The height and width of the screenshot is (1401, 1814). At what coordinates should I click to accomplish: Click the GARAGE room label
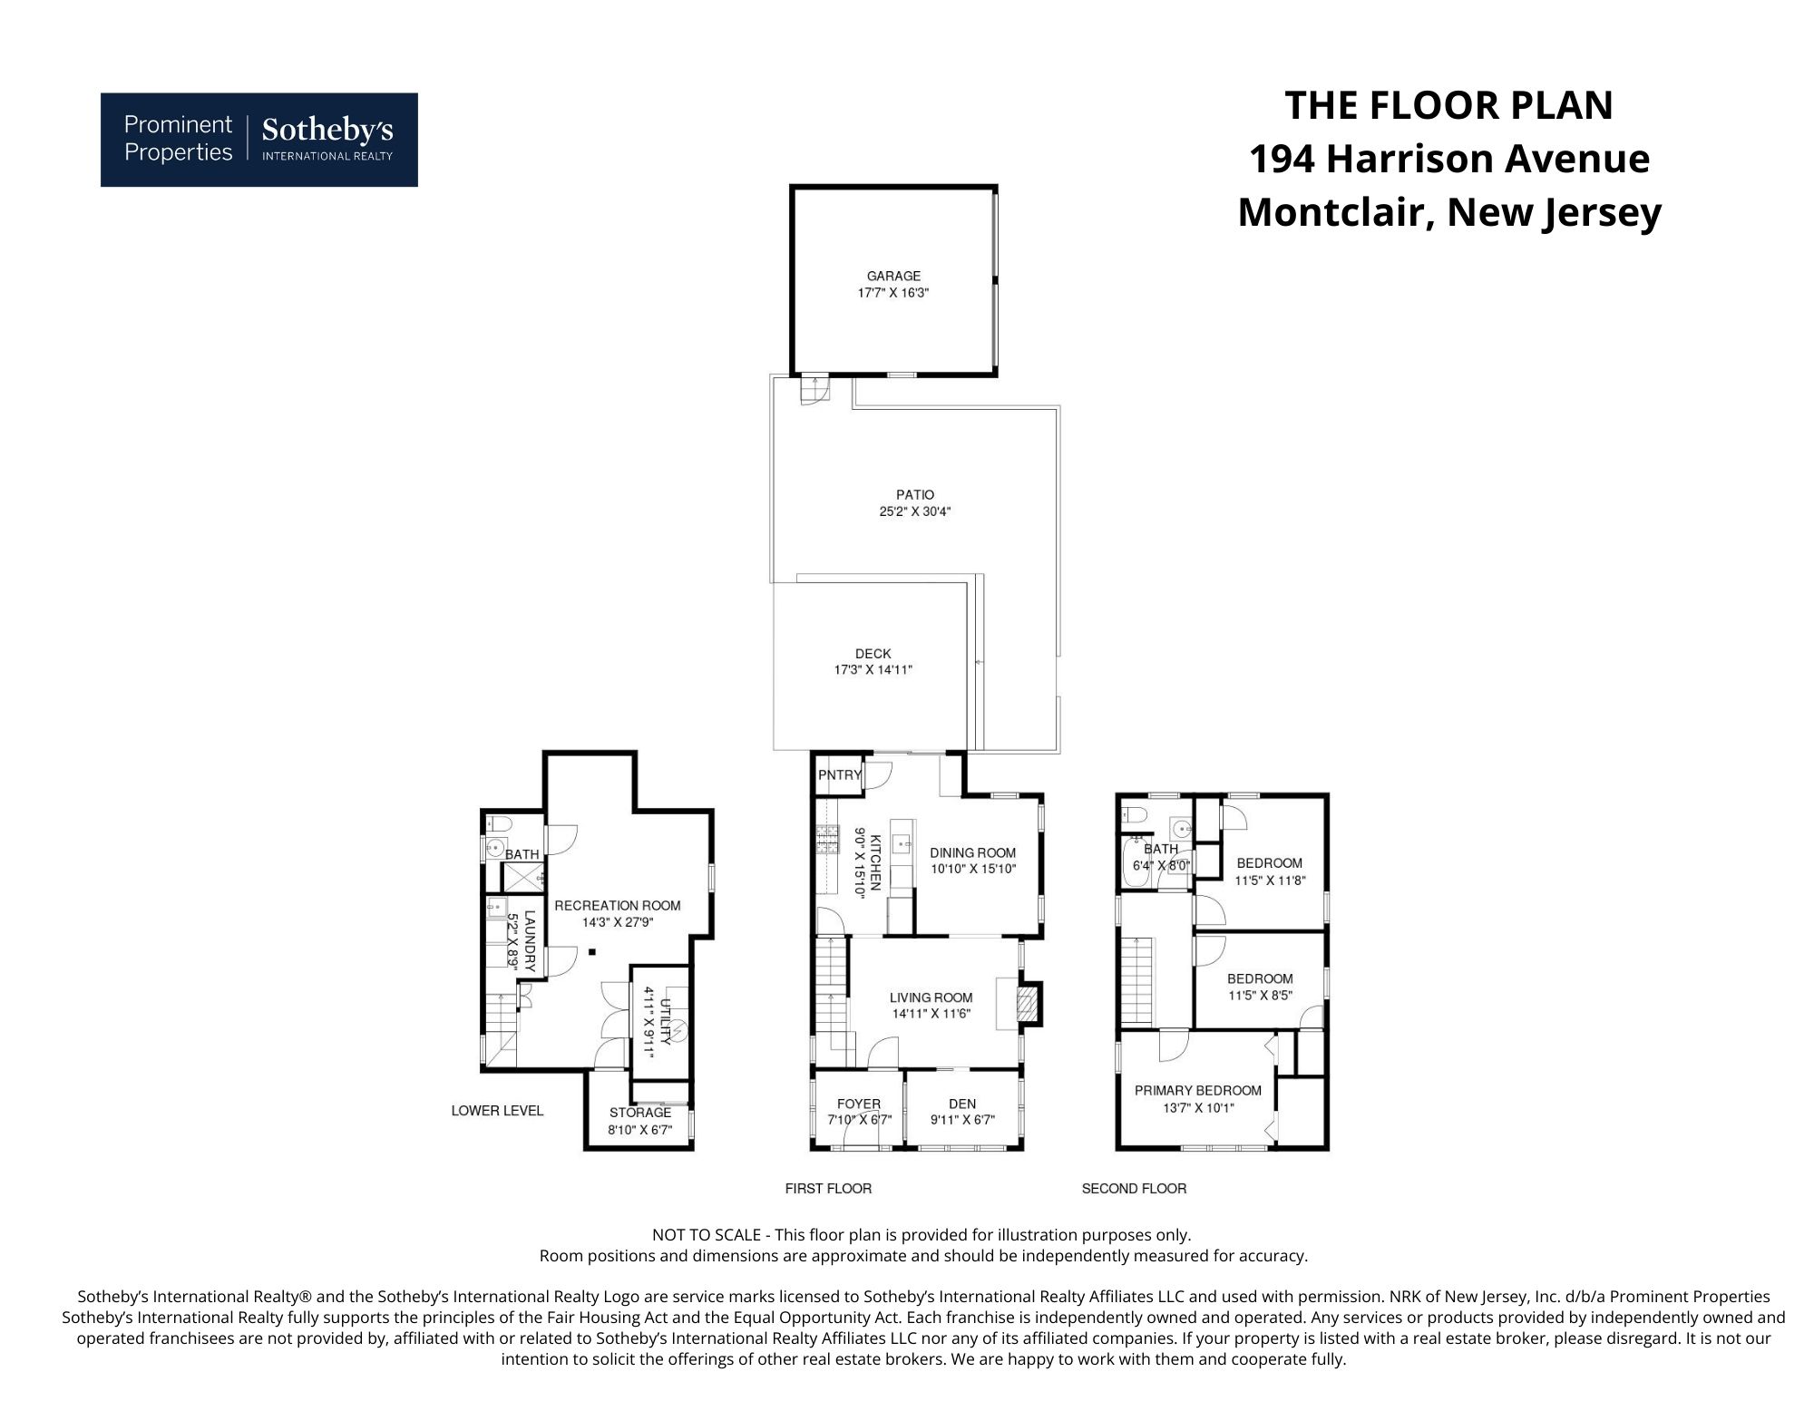(x=893, y=276)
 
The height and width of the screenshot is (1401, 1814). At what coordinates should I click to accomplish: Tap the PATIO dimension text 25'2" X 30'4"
(x=914, y=511)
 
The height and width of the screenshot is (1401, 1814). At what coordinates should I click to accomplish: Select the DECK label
(x=873, y=654)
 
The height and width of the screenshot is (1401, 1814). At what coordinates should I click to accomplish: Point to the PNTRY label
(x=839, y=775)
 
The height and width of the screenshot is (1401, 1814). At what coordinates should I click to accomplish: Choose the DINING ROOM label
(x=972, y=852)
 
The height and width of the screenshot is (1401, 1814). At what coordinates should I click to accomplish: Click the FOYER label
(x=858, y=1104)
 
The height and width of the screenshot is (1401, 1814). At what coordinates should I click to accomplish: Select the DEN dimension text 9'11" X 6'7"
(x=961, y=1120)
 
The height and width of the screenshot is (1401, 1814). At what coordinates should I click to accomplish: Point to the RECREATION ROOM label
(x=617, y=905)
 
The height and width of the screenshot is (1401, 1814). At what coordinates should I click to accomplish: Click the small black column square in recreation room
(x=591, y=951)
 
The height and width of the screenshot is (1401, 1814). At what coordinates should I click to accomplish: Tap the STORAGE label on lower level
(x=639, y=1113)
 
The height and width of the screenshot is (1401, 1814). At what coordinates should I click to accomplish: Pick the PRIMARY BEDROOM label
(x=1197, y=1091)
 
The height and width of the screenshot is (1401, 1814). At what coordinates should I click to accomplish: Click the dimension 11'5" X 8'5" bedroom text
(x=1260, y=995)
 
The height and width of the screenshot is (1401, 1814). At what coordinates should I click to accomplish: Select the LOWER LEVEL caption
(x=497, y=1111)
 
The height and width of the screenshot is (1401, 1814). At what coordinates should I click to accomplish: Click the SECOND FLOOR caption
(x=1134, y=1188)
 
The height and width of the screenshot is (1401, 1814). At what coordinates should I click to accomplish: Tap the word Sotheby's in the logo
(x=327, y=131)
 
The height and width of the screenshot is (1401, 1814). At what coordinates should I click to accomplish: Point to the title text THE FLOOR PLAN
(x=1448, y=105)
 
